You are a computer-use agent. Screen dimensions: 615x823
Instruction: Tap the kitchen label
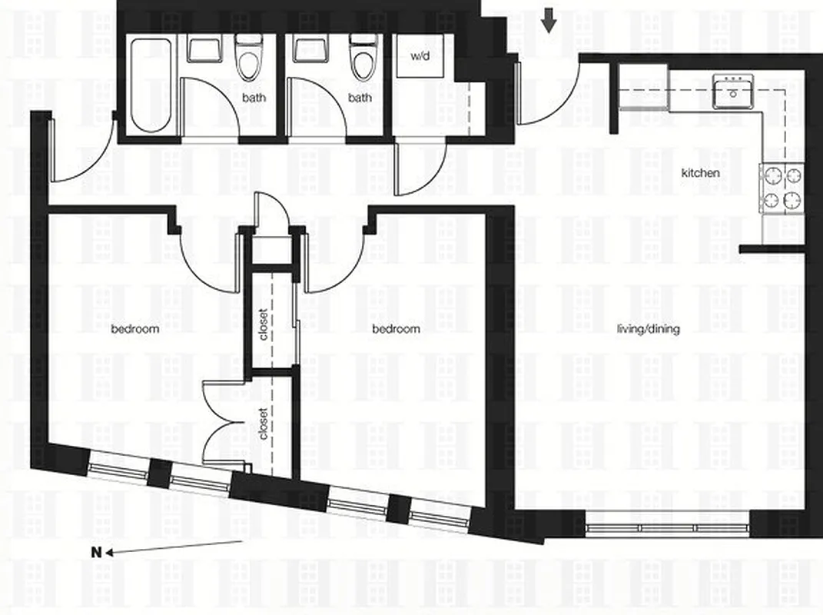coord(701,173)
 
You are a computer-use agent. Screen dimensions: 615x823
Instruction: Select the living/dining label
coord(648,329)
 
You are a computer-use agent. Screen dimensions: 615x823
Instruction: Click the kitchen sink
coord(732,91)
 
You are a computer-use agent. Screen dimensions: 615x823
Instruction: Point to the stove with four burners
coord(782,188)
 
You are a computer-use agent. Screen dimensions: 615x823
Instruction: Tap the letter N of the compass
coord(97,552)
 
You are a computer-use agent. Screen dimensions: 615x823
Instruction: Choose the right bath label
coord(360,98)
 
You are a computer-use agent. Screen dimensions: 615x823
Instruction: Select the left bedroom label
coord(135,329)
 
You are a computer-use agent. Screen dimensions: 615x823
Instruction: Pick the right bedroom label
coord(396,329)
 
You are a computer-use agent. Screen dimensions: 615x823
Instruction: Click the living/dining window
coord(666,528)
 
